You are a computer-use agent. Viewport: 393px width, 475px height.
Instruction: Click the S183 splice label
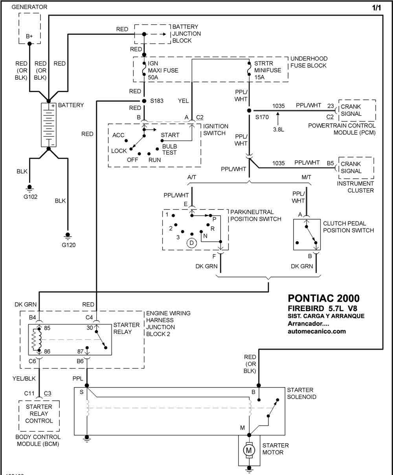tap(156, 101)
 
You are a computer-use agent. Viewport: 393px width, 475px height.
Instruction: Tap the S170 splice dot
tap(249, 110)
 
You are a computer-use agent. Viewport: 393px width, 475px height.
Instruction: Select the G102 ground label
tap(30, 197)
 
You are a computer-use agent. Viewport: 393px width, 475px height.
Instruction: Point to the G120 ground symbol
tap(68, 236)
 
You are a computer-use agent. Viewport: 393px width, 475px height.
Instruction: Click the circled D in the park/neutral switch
tap(191, 243)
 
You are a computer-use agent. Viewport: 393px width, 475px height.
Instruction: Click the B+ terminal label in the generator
tap(29, 36)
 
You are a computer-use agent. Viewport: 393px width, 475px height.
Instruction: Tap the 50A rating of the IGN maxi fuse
tap(153, 77)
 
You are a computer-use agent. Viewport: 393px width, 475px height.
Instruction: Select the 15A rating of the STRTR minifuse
tap(259, 77)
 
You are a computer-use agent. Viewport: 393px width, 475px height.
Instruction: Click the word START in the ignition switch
tap(170, 135)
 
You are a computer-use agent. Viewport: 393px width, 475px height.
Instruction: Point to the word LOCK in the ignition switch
tap(119, 151)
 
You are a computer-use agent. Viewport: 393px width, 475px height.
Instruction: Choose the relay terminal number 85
tap(47, 328)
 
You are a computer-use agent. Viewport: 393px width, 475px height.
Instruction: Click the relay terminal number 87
tap(80, 352)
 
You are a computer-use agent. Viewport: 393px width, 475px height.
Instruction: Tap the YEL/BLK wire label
tap(24, 378)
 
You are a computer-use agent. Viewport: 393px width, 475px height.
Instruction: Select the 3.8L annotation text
tap(279, 130)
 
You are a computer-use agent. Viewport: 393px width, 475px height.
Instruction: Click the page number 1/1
tap(376, 8)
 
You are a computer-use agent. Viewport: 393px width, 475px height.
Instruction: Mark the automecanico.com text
tap(316, 331)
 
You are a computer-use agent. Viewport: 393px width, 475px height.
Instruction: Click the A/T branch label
tap(192, 177)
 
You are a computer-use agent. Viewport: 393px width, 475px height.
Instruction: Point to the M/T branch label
tap(306, 177)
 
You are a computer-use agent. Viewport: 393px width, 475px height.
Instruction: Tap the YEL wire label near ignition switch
tap(183, 101)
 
